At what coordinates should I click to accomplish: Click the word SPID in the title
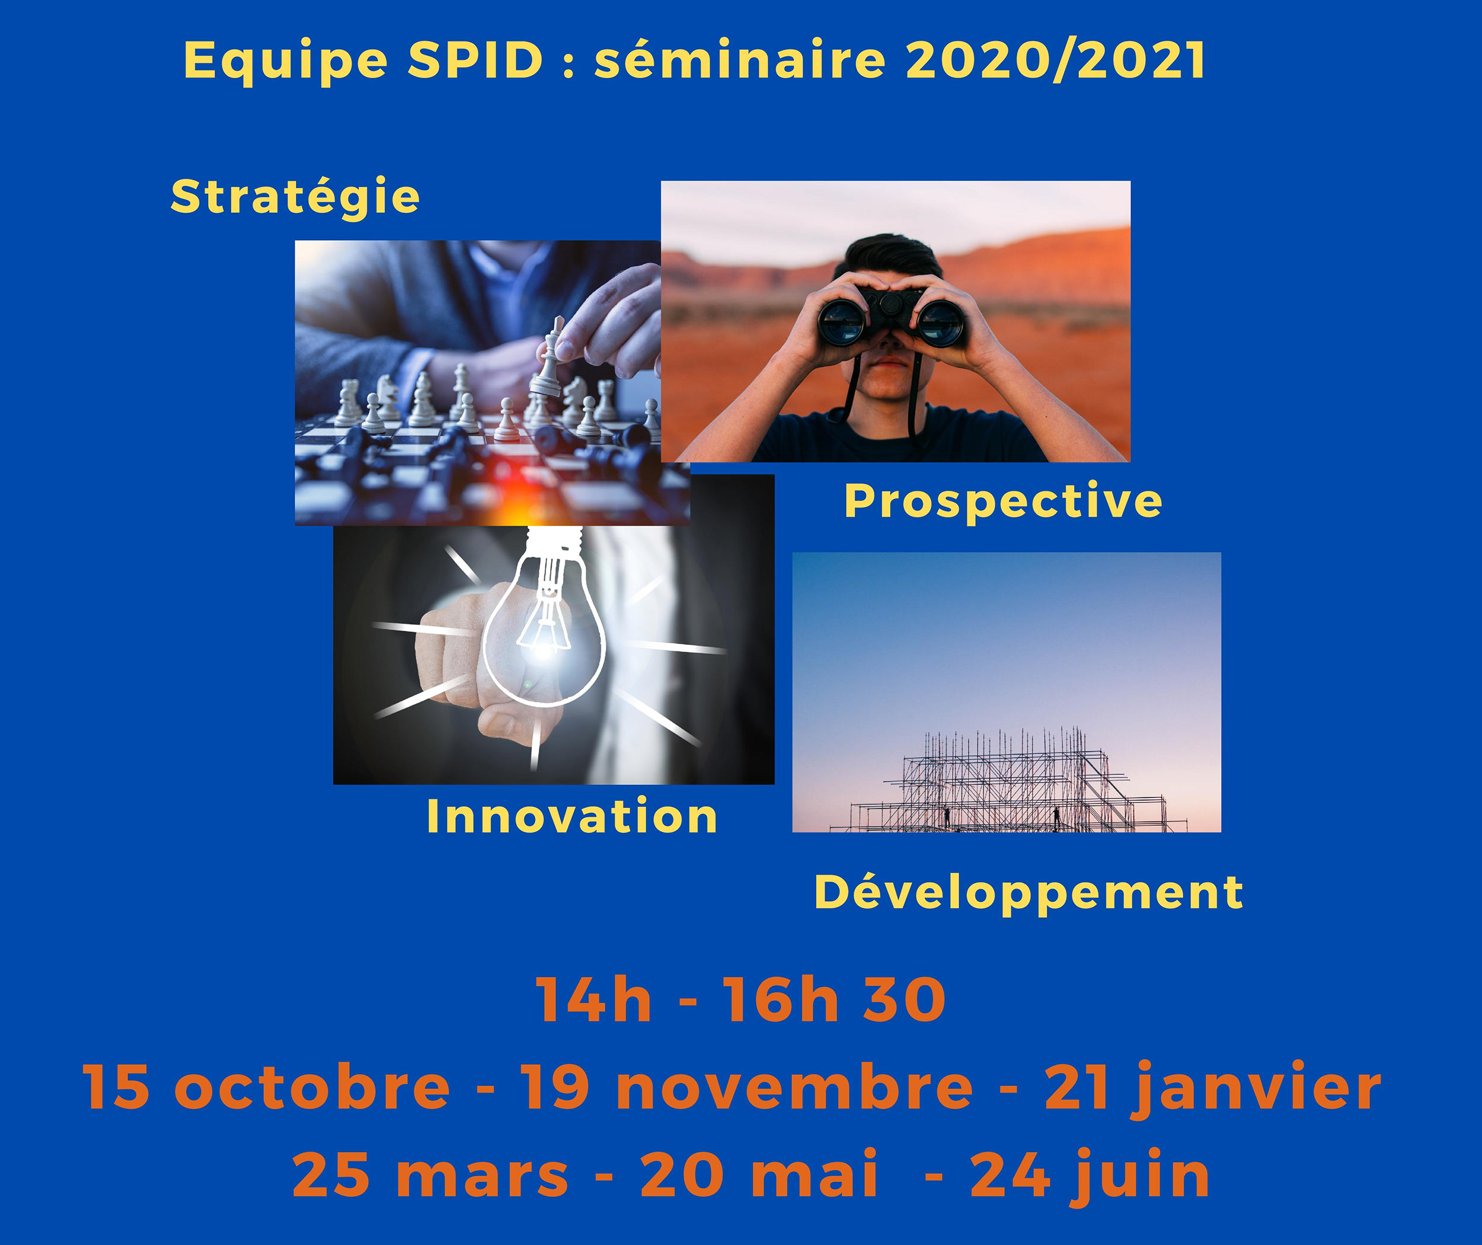475,60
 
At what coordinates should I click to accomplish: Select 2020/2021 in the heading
1056,60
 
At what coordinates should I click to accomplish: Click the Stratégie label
295,197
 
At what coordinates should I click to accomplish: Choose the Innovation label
571,816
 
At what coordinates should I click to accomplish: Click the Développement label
1029,893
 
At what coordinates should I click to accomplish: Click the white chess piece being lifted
548,358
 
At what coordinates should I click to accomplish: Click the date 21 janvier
1212,1090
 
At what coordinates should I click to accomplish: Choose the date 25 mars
430,1175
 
